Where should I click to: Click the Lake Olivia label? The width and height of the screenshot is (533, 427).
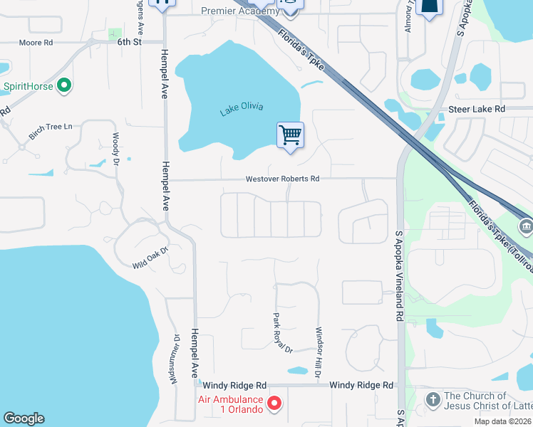point(242,108)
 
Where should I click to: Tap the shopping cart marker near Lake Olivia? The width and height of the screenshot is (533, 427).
point(290,134)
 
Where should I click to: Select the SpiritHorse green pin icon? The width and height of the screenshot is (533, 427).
point(64,86)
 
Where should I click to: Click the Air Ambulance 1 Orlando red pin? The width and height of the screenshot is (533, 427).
point(274,404)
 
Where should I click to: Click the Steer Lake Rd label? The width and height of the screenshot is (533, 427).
point(477,109)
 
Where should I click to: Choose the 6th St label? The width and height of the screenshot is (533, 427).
point(130,43)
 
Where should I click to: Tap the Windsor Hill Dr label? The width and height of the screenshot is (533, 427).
point(319,352)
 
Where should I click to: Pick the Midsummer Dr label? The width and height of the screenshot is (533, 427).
point(174,359)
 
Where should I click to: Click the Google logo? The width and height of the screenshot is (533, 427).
point(24,418)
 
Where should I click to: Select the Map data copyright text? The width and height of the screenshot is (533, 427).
point(502,421)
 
